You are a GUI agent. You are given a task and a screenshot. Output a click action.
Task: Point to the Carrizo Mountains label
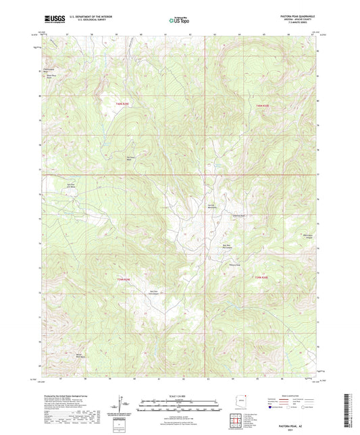[x=212, y=206]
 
